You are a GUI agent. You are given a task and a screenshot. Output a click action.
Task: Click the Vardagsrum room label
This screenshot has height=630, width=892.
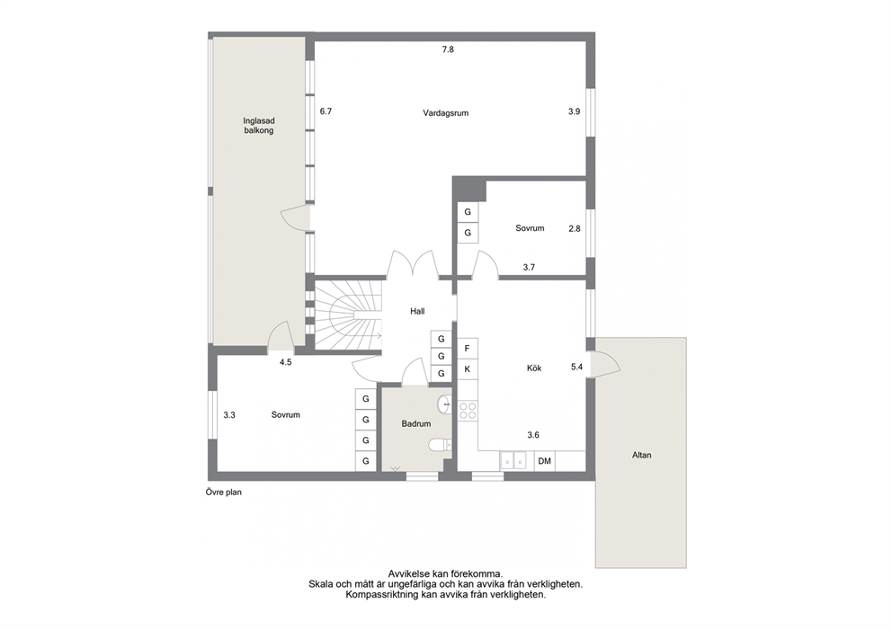tap(445, 112)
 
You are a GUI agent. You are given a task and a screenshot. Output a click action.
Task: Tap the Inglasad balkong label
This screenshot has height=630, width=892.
tap(259, 125)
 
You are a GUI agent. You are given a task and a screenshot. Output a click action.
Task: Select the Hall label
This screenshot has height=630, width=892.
tap(417, 311)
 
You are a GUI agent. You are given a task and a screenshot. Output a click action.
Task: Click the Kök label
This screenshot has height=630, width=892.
tap(534, 368)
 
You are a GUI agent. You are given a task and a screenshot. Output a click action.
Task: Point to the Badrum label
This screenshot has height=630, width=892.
tap(415, 423)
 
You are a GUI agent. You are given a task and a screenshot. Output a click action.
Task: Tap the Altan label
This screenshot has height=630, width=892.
tap(642, 455)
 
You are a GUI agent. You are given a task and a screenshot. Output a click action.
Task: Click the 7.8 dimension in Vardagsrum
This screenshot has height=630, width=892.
tap(449, 49)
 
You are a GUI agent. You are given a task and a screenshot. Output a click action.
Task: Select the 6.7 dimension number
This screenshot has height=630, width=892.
tap(326, 111)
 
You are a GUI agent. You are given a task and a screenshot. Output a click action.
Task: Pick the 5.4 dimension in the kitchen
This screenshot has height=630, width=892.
tap(577, 368)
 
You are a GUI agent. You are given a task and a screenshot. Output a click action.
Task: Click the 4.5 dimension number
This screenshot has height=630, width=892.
tap(286, 361)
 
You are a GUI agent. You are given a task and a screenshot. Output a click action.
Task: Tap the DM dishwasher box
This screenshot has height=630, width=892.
tap(544, 461)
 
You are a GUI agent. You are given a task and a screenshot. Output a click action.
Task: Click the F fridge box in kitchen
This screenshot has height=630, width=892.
tap(468, 349)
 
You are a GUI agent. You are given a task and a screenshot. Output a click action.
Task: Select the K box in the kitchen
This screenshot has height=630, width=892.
tap(468, 369)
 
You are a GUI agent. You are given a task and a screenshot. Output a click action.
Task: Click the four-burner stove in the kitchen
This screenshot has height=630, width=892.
tap(468, 411)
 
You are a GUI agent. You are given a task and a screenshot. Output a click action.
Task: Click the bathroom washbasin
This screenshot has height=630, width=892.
tap(444, 404)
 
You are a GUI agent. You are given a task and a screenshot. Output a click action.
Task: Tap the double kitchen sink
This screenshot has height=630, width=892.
tap(513, 460)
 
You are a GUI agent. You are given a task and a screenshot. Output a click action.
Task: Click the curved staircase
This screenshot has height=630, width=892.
tap(348, 315)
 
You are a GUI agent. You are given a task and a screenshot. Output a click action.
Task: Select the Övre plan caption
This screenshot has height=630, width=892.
tap(224, 492)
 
